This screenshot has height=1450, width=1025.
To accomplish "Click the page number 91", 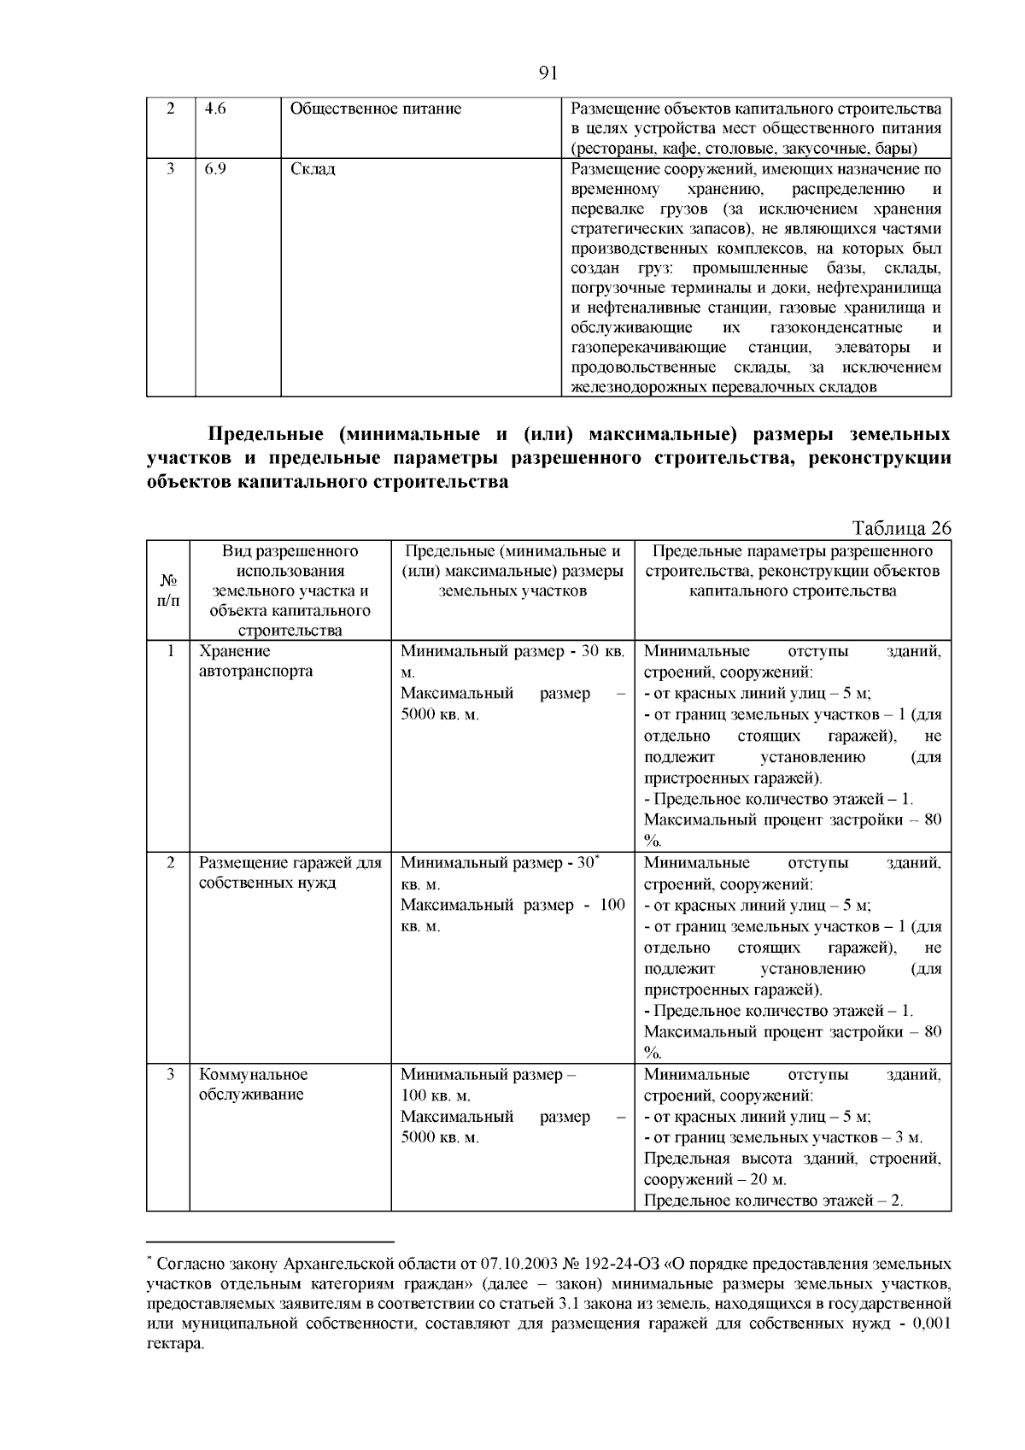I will click(x=548, y=73).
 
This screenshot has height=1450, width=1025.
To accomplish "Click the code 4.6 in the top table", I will click(x=216, y=109).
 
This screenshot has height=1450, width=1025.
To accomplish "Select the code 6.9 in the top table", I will click(x=216, y=169).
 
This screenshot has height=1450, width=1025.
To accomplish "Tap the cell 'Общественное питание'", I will click(x=376, y=109).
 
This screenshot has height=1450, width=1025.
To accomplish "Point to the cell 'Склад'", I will click(x=313, y=169).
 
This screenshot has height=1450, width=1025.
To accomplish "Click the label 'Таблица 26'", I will click(x=901, y=528).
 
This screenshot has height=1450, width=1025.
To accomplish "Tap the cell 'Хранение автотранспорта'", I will click(x=255, y=661).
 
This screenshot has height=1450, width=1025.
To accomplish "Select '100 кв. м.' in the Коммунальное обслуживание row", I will click(x=436, y=1096).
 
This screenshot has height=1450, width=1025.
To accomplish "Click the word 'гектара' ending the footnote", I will click(x=173, y=1343).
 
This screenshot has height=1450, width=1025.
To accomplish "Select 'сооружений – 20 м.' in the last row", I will click(x=715, y=1180).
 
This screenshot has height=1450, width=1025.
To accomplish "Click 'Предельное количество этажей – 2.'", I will click(x=773, y=1201).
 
